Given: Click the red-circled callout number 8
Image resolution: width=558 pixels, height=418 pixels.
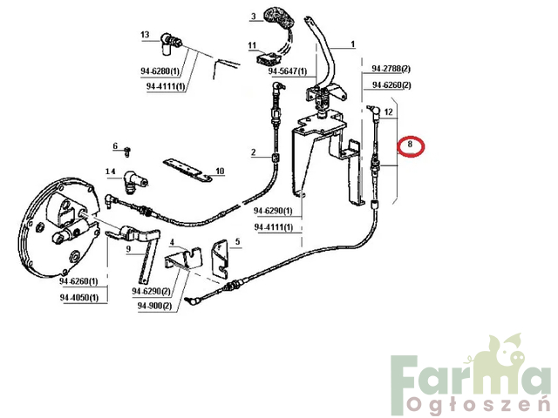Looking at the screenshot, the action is click(x=410, y=145).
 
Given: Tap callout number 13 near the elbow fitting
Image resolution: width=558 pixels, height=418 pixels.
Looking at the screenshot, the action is click(x=145, y=35).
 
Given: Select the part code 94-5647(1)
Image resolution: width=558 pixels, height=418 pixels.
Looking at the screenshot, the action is click(x=288, y=71).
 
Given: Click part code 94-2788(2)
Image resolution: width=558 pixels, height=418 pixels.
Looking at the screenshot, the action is click(x=391, y=68).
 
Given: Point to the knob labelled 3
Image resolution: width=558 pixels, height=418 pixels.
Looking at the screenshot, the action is click(x=278, y=19).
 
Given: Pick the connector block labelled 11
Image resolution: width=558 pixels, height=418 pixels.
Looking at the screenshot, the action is click(x=269, y=58).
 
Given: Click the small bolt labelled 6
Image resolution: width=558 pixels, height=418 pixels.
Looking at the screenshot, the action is click(x=128, y=152).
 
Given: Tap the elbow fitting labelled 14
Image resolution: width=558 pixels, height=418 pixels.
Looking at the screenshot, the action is click(x=134, y=182).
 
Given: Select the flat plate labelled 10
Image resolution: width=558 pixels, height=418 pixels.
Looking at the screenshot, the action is click(x=187, y=171).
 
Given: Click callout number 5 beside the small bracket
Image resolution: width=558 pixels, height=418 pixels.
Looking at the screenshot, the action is click(x=237, y=242).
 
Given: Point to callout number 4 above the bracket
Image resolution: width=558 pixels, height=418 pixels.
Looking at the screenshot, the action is click(x=173, y=242).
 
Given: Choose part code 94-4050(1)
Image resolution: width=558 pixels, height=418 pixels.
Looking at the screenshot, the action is click(x=79, y=298).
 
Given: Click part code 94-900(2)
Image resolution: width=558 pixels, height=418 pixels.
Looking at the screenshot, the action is click(x=155, y=306).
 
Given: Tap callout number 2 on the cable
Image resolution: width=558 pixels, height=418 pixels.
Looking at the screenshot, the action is click(x=254, y=152).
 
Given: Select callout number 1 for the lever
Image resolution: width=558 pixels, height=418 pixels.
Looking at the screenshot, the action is click(x=352, y=44).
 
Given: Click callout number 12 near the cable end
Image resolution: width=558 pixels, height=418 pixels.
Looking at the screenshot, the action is click(x=389, y=112).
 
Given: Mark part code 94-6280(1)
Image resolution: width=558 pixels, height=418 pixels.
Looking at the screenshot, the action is click(x=160, y=71).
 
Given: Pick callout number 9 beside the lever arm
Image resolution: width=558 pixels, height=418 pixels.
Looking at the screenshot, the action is click(x=128, y=249).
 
